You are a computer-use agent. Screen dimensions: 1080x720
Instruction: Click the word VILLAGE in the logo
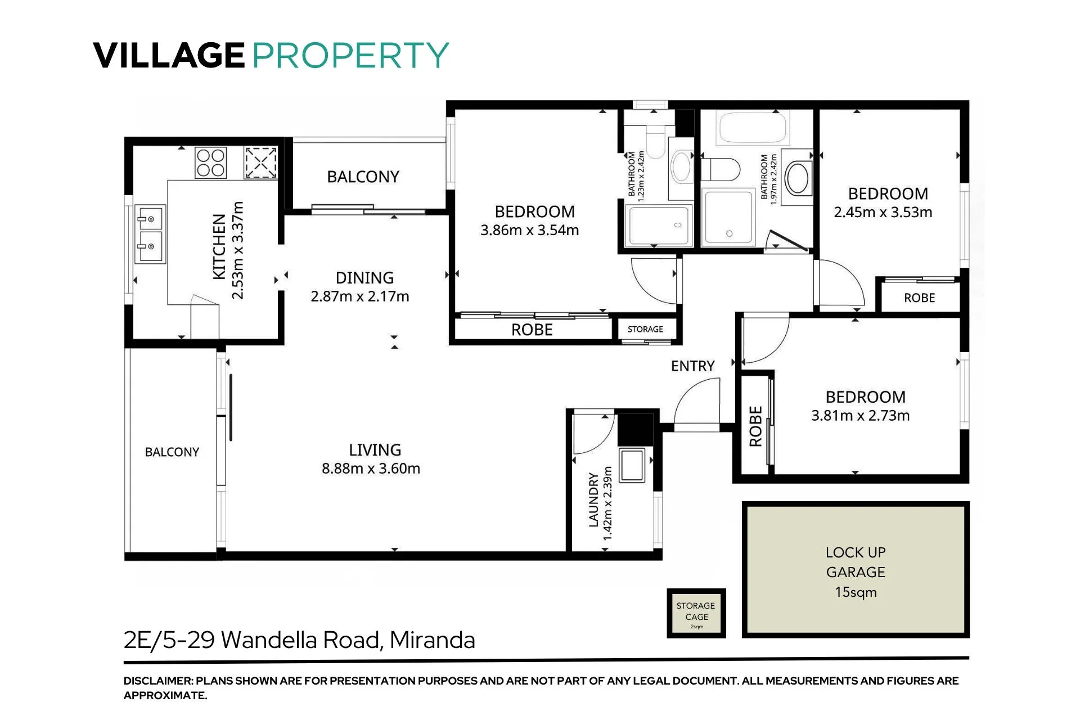tap(169, 55)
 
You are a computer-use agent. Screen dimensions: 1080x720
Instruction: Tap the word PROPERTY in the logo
tap(350, 55)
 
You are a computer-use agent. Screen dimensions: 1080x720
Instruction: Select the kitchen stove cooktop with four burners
tap(210, 163)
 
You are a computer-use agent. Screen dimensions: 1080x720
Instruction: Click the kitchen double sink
tap(150, 233)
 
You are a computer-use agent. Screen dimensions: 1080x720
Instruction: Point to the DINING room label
tap(364, 278)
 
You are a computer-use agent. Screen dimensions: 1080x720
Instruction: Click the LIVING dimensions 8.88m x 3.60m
tap(371, 469)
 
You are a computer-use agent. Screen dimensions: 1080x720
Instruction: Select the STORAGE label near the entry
tap(645, 329)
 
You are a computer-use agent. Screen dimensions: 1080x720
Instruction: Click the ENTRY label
tap(692, 366)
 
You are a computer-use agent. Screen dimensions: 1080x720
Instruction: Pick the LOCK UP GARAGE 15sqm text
tap(856, 572)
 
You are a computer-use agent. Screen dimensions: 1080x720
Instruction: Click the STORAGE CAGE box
tap(696, 613)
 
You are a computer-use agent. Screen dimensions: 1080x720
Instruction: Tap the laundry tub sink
tap(632, 465)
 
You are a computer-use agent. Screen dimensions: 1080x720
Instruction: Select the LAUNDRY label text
tap(593, 499)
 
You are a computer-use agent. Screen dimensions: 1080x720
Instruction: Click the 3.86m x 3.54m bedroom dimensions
tap(529, 230)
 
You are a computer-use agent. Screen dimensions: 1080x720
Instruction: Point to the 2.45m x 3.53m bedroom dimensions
tap(883, 212)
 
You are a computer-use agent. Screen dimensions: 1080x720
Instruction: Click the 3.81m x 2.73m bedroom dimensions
tap(860, 416)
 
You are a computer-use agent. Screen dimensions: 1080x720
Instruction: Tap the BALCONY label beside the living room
tap(172, 452)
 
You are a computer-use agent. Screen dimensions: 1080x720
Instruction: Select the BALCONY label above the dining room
tap(363, 177)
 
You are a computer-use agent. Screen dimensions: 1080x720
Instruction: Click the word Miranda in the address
tap(432, 640)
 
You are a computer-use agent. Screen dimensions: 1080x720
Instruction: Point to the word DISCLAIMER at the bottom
tap(157, 681)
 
